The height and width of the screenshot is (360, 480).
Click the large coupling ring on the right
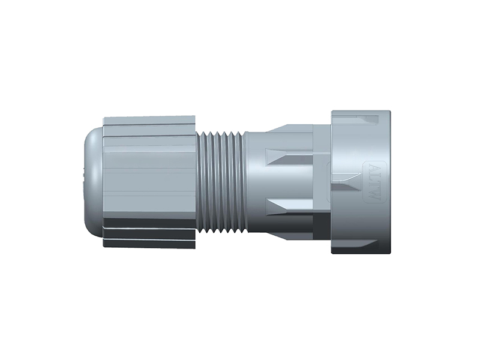(361, 182)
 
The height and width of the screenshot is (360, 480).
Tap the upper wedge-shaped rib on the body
(289, 157)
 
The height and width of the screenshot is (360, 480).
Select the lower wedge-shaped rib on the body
(289, 208)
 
